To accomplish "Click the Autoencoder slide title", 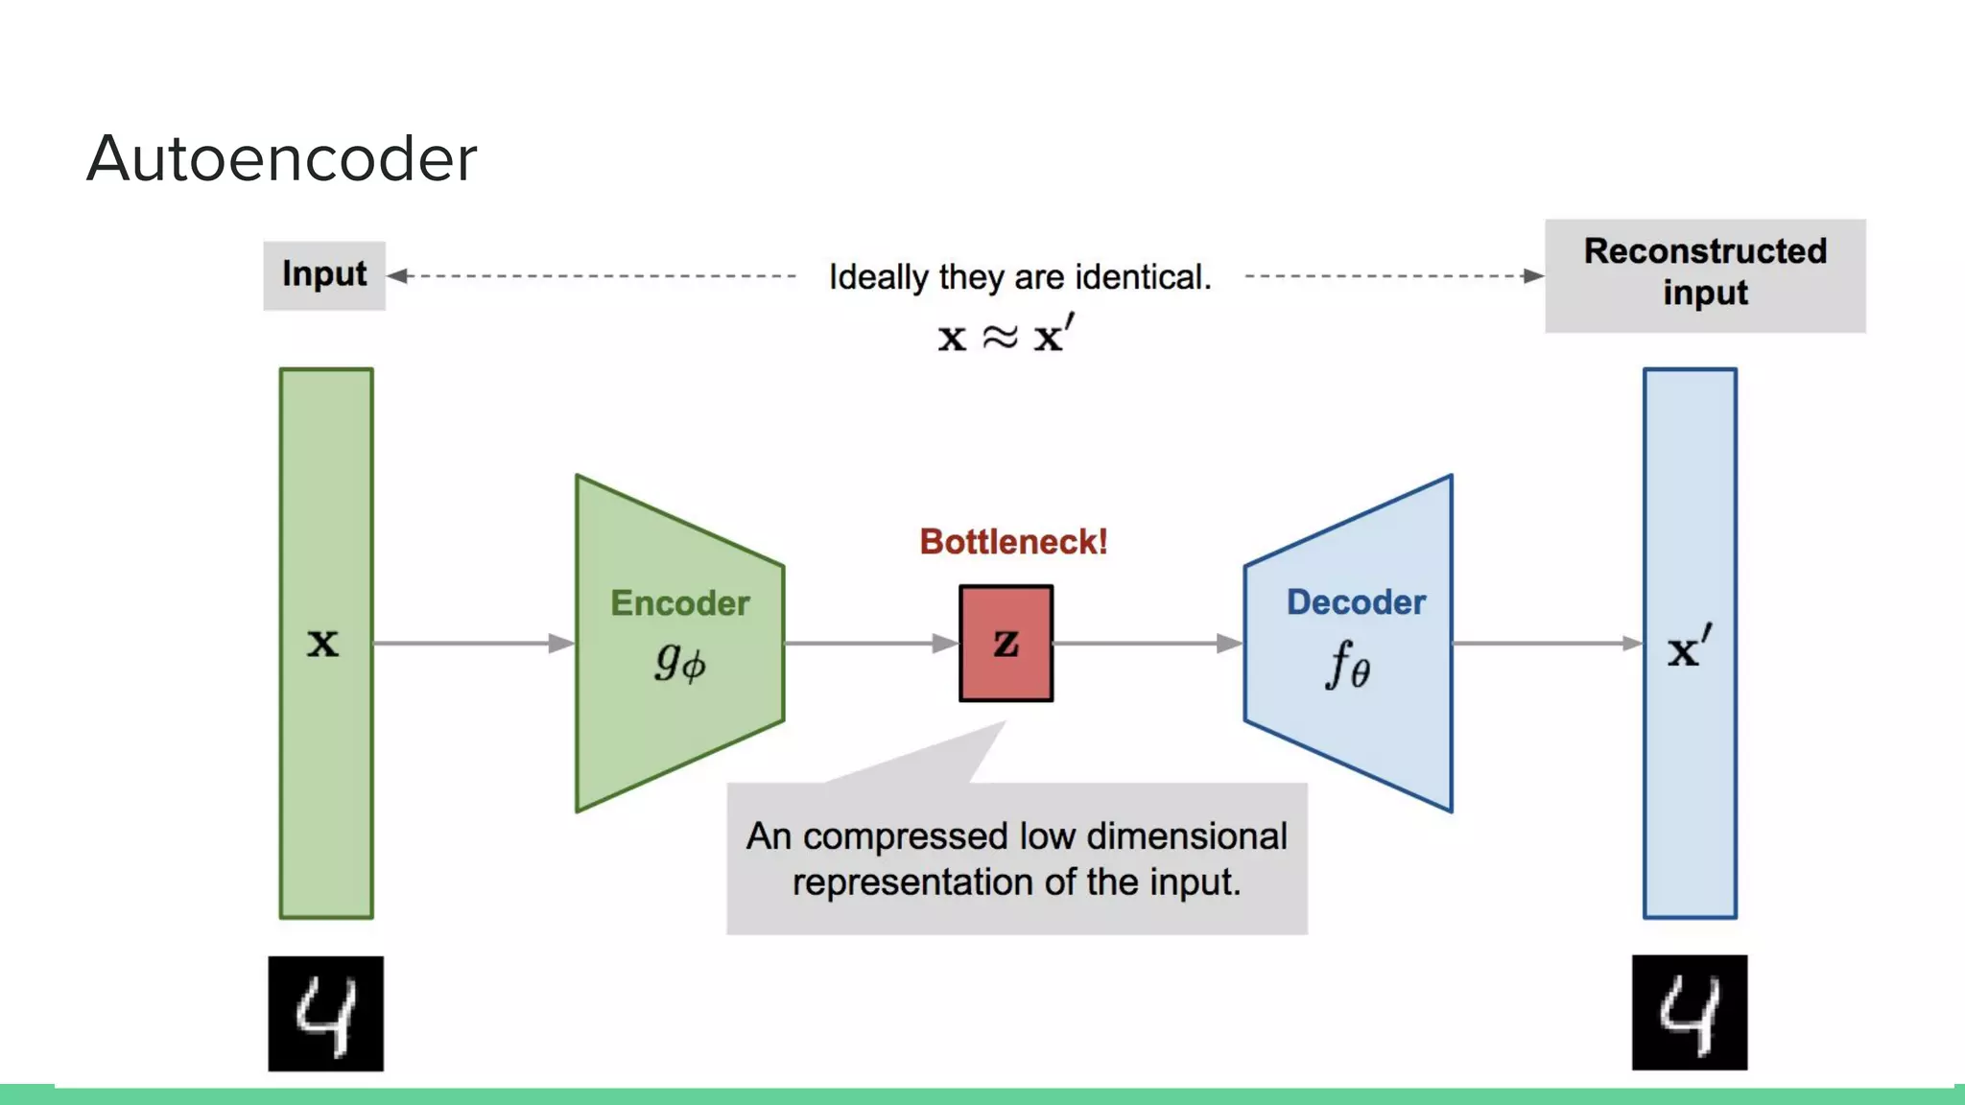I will pyautogui.click(x=282, y=158).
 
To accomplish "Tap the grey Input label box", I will pyautogui.click(x=324, y=275).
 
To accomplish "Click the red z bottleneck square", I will pyautogui.click(x=1006, y=644).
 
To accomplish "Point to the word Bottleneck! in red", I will pyautogui.click(x=1013, y=542).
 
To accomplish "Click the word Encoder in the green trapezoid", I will pyautogui.click(x=680, y=603).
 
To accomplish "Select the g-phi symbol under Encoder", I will pyautogui.click(x=680, y=662).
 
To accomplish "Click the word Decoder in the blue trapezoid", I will pyautogui.click(x=1356, y=602).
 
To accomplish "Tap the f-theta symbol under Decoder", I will pyautogui.click(x=1348, y=665).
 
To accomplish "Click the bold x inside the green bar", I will pyautogui.click(x=323, y=644).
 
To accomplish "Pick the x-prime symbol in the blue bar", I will pyautogui.click(x=1689, y=648).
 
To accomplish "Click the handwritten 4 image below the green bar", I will pyautogui.click(x=325, y=1013).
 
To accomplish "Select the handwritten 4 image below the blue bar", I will pyautogui.click(x=1690, y=1012).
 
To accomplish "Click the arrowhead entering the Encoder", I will pyautogui.click(x=562, y=644).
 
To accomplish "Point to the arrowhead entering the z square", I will pyautogui.click(x=946, y=644).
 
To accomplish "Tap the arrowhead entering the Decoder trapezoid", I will pyautogui.click(x=1230, y=644).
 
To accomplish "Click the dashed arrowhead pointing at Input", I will pyautogui.click(x=397, y=276).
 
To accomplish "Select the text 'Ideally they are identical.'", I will pyautogui.click(x=1020, y=277).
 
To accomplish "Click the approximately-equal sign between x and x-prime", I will pyautogui.click(x=1000, y=338).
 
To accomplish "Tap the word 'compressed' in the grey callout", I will pyautogui.click(x=905, y=836).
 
